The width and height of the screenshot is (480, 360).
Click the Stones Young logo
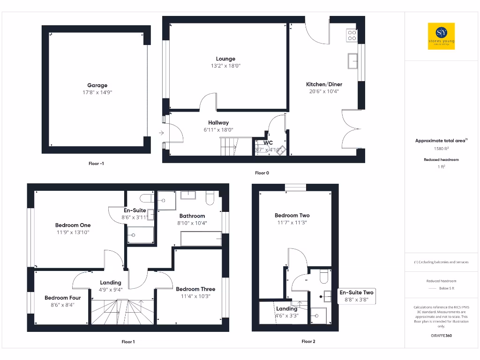click(x=441, y=37)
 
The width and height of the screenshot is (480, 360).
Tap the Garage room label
click(x=97, y=85)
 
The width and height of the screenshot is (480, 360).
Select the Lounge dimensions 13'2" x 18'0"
click(x=225, y=66)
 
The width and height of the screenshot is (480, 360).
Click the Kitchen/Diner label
click(x=324, y=84)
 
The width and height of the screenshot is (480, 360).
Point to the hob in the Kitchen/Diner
click(x=352, y=35)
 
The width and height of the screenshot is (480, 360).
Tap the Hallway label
click(x=218, y=123)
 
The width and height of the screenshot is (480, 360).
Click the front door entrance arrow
click(x=161, y=133)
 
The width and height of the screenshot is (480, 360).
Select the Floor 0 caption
click(x=262, y=173)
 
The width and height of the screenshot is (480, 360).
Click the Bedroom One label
click(x=73, y=225)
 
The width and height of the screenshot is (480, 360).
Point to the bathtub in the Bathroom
click(x=202, y=239)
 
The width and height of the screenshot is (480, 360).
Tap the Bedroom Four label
click(x=62, y=298)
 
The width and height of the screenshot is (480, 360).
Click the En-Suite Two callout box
click(x=357, y=296)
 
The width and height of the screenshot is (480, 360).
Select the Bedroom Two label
click(x=292, y=216)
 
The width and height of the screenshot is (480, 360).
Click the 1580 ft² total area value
click(x=441, y=149)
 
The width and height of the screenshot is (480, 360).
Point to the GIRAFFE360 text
click(x=441, y=336)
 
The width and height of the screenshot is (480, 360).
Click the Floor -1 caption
click(x=97, y=164)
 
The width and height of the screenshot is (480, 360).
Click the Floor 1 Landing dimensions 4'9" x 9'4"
click(x=111, y=290)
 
